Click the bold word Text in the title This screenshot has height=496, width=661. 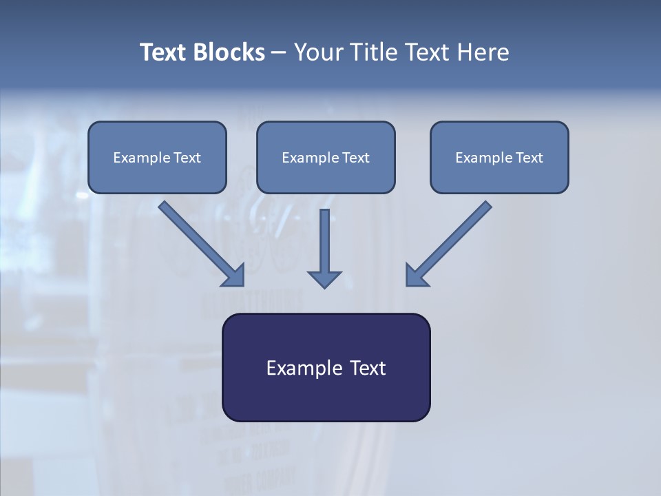(x=163, y=52)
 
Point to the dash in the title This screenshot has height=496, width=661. (x=279, y=53)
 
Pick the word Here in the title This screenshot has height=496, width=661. (x=486, y=52)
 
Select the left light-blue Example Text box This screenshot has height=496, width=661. (x=157, y=158)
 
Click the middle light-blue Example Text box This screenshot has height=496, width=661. (x=326, y=158)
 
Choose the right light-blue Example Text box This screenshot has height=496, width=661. (x=499, y=158)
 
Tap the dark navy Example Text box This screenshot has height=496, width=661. (x=326, y=368)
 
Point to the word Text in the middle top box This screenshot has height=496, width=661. (x=355, y=158)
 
